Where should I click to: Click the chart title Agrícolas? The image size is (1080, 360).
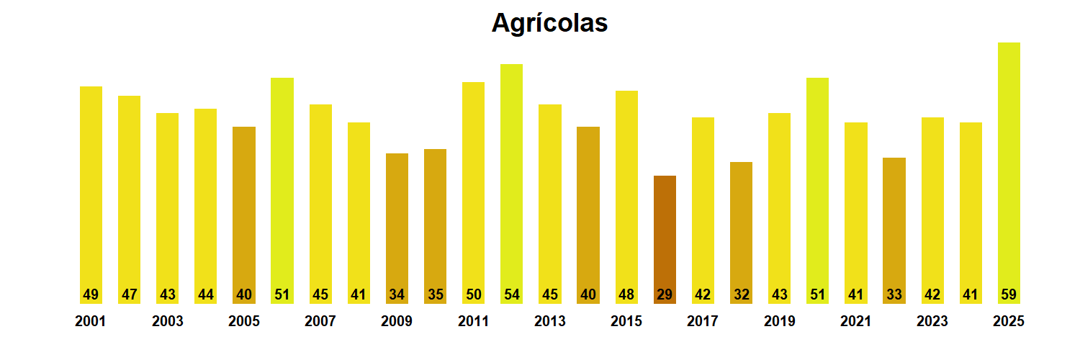click(x=549, y=23)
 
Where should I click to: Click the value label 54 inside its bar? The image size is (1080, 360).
click(x=511, y=294)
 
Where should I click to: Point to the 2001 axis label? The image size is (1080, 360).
click(x=90, y=322)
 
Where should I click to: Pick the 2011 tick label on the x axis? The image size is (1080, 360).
click(x=473, y=322)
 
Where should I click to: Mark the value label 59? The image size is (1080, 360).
click(x=1009, y=294)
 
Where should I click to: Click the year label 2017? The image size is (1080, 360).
click(x=703, y=322)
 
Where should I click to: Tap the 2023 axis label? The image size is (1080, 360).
click(x=932, y=322)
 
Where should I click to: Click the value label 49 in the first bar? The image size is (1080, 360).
click(x=91, y=294)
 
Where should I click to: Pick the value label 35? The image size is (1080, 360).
click(x=435, y=294)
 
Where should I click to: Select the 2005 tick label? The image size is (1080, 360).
click(x=243, y=322)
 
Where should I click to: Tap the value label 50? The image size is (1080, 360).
click(x=473, y=294)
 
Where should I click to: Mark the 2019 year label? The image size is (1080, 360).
click(x=779, y=322)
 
